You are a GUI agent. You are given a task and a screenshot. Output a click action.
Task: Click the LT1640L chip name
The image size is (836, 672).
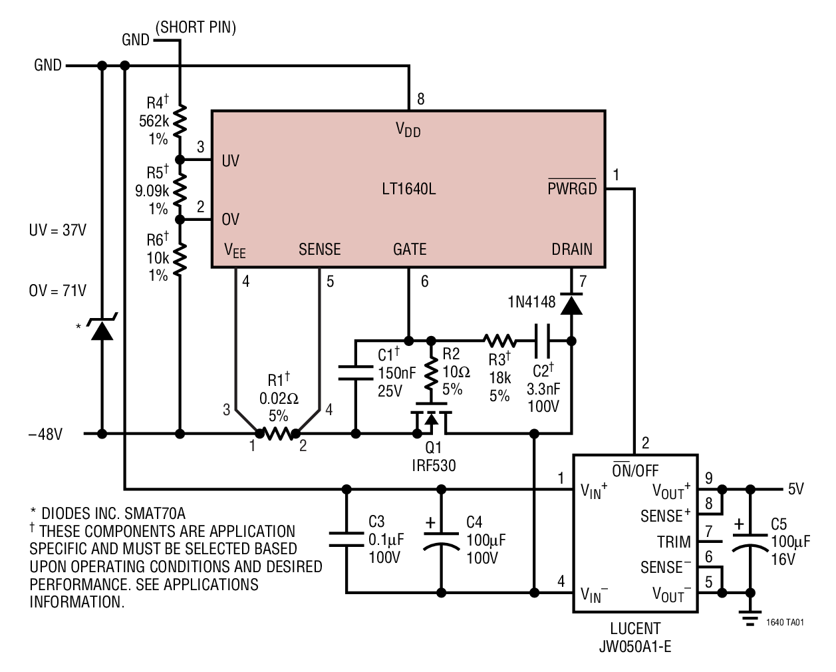point(408,189)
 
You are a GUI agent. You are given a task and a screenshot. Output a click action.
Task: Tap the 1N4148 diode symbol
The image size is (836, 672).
point(571,303)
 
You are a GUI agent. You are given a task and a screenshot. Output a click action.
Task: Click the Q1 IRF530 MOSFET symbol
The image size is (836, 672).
point(431,420)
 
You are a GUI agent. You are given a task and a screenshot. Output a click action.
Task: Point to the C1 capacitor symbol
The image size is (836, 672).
point(356,373)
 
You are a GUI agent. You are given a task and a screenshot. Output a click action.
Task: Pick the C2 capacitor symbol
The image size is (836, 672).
point(543,341)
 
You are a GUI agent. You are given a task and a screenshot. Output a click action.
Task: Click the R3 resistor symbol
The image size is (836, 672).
point(499,341)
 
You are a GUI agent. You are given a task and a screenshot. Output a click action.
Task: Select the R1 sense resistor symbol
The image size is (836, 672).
point(278,434)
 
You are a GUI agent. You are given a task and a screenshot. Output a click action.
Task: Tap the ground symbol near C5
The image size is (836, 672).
point(750,617)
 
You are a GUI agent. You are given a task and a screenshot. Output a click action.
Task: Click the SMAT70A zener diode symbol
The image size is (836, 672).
point(102,328)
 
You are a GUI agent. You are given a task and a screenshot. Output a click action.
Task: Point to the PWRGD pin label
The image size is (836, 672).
point(572,188)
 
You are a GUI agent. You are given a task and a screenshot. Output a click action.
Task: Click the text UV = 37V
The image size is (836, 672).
point(57,230)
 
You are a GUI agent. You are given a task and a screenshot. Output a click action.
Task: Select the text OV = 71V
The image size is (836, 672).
point(57,291)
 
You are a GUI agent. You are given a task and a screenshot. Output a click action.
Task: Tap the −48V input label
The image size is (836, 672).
point(45,434)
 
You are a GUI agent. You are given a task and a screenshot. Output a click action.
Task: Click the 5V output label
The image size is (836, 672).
point(796,490)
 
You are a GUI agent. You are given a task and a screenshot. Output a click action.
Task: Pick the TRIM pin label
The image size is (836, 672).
point(674,542)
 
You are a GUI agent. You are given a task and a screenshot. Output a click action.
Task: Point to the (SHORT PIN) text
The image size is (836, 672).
point(196,27)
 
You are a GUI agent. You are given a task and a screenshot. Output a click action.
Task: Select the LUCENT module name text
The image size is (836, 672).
point(635,628)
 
